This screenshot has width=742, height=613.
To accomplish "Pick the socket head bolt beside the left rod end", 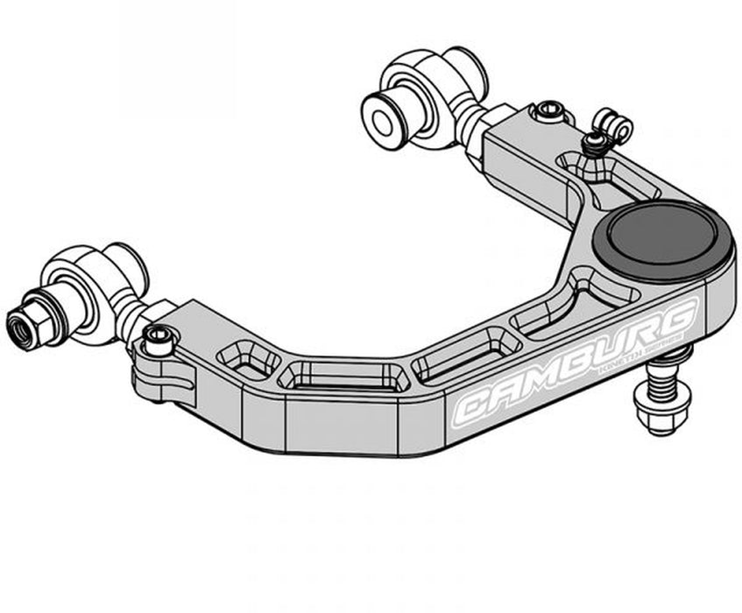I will click(x=158, y=338).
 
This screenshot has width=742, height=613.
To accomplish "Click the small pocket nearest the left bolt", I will click(x=248, y=360).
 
